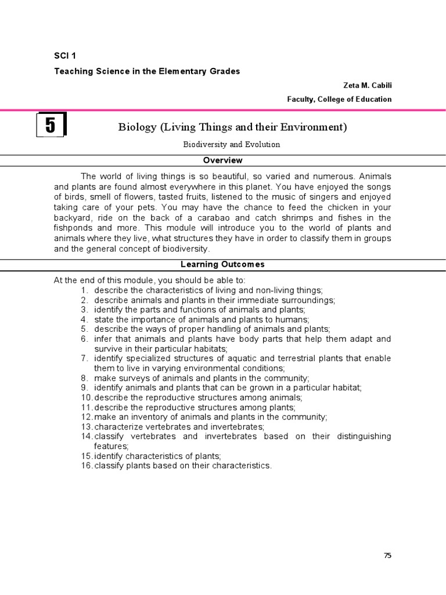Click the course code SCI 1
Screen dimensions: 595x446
click(65, 56)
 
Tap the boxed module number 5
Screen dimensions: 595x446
click(51, 126)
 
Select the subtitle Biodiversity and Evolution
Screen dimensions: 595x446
click(232, 144)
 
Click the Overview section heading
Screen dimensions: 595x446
click(222, 160)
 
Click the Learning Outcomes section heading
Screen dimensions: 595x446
click(222, 264)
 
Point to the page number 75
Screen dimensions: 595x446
click(388, 555)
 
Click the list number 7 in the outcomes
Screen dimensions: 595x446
click(84, 359)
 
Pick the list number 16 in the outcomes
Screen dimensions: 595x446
click(87, 466)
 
